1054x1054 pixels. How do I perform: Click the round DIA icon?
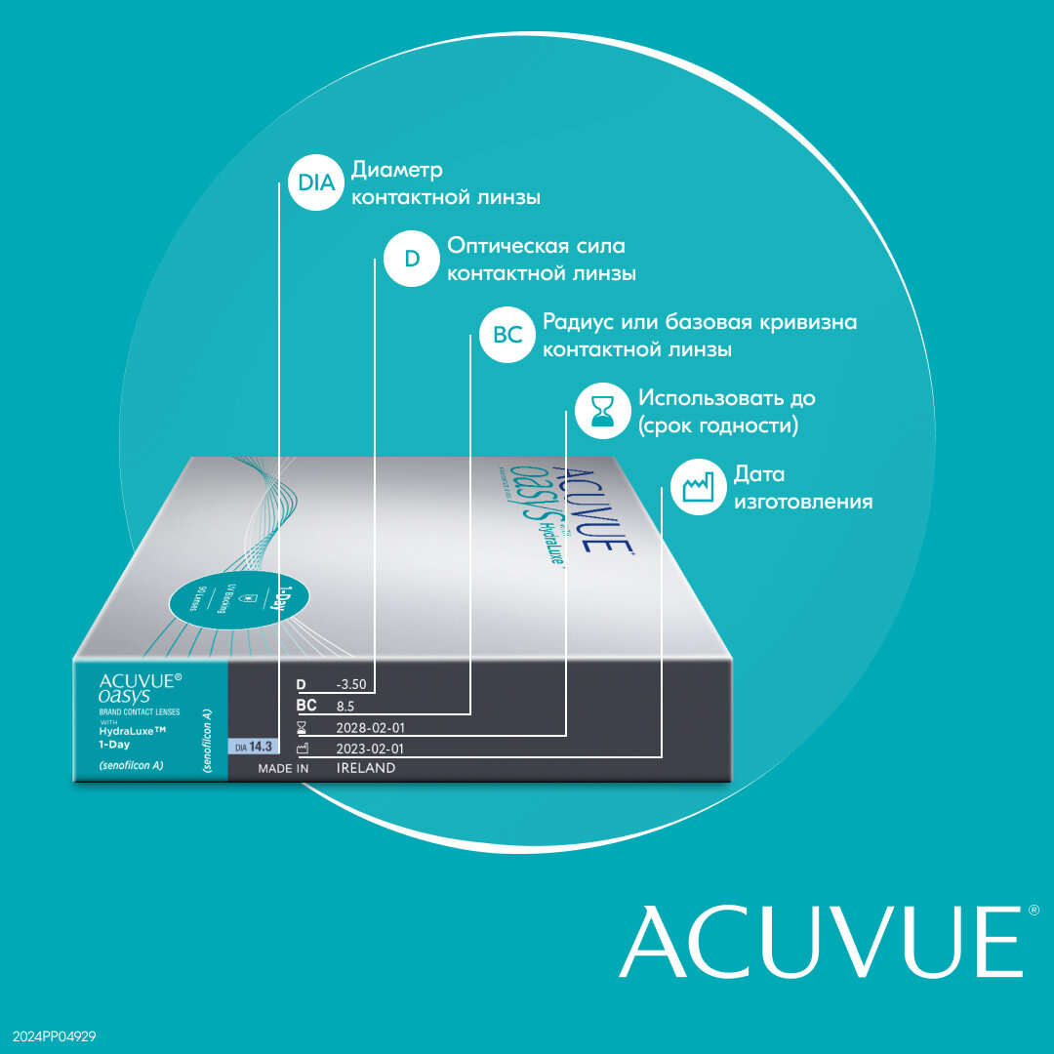pos(316,183)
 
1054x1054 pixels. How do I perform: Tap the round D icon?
pos(412,260)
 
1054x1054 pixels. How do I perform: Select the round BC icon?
pos(507,335)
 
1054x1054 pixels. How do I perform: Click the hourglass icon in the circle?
pos(603,411)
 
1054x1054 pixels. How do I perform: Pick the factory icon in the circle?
pos(699,487)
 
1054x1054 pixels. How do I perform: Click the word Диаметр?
pos(397,170)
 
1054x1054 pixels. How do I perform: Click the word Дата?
pos(759,474)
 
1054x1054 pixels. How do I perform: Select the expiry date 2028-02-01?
pos(370,728)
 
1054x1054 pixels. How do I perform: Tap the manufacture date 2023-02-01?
pos(370,749)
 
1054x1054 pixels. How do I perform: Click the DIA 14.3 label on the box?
pos(250,747)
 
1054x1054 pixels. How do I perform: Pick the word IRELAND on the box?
pos(366,769)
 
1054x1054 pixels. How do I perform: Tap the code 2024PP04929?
pos(54,1035)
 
